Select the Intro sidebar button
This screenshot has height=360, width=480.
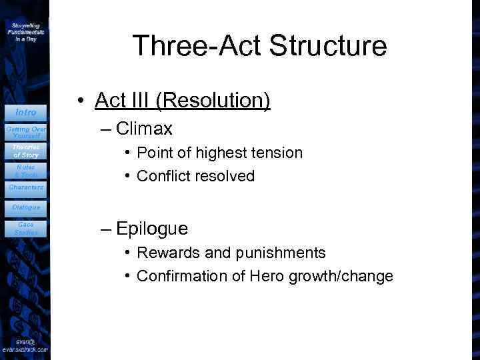[25, 112]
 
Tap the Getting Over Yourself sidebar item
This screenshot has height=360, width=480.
[25, 131]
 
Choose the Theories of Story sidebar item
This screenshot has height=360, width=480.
[25, 151]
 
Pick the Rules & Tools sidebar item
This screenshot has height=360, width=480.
[25, 171]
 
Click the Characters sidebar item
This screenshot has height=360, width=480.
[25, 187]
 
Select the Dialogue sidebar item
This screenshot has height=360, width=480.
[25, 207]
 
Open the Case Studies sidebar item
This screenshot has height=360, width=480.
[25, 229]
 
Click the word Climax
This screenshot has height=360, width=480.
[144, 128]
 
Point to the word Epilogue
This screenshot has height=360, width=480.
[152, 229]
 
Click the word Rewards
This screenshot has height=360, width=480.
[166, 253]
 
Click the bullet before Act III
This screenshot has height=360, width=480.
[79, 101]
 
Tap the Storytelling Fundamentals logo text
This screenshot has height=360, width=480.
[25, 31]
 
